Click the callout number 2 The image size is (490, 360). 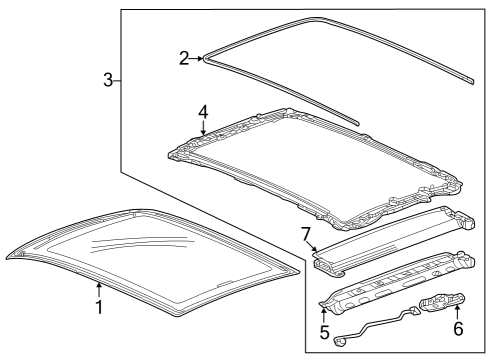point(184,59)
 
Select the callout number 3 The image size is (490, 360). point(108,81)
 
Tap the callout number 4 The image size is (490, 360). point(203,112)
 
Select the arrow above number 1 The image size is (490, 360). point(99,288)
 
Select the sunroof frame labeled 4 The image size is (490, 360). point(310,170)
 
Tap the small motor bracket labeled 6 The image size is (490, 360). point(441,305)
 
